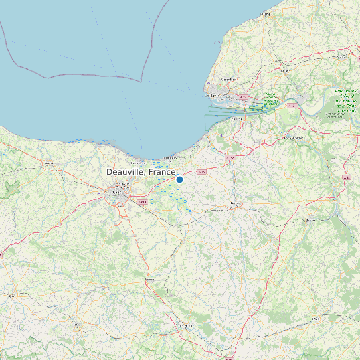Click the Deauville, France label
pyautogui.click(x=141, y=172)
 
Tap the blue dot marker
pyautogui.click(x=179, y=179)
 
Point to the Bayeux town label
pyautogui.click(x=48, y=162)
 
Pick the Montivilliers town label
pyautogui.click(x=228, y=79)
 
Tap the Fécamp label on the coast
pyautogui.click(x=267, y=13)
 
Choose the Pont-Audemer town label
pyautogui.click(x=290, y=137)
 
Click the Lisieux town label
pyautogui.click(x=234, y=203)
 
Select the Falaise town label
pyautogui.click(x=149, y=280)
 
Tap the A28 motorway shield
pyautogui.click(x=346, y=178)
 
